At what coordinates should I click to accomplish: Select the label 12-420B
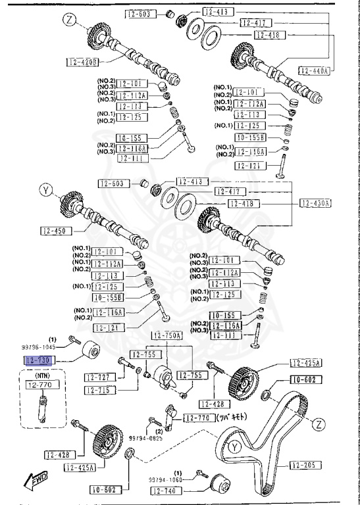[82, 62]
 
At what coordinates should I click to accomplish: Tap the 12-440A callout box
[313, 70]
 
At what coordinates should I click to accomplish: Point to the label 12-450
[56, 230]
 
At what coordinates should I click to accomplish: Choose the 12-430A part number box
[313, 203]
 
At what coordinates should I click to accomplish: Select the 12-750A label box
[167, 335]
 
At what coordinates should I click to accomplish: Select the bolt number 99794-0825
[145, 437]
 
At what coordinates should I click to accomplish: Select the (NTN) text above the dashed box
[43, 375]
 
